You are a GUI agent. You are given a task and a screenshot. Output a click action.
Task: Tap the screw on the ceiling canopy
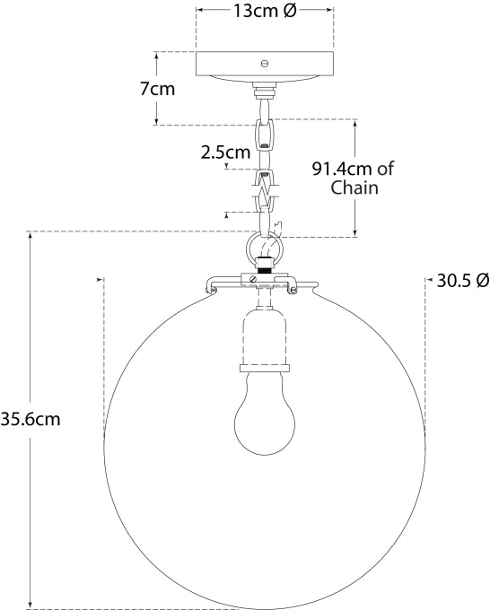click(x=264, y=63)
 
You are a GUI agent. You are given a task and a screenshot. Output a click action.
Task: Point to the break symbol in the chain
click(x=264, y=190)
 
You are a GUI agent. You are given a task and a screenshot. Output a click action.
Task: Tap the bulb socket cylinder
click(x=264, y=336)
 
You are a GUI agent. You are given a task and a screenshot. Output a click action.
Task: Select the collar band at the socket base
click(x=264, y=366)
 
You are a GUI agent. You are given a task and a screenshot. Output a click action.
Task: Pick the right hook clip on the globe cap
click(x=293, y=288)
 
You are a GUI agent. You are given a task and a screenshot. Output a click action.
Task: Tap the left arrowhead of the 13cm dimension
click(x=200, y=11)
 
